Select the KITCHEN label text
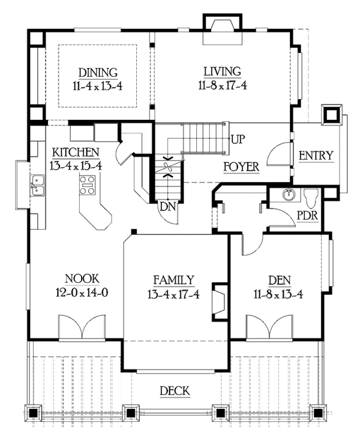[x=76, y=151]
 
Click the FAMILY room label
[x=173, y=279]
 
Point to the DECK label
[x=175, y=392]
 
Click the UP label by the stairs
[x=238, y=140]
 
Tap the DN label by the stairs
[x=167, y=207]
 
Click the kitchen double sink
[x=37, y=185]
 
